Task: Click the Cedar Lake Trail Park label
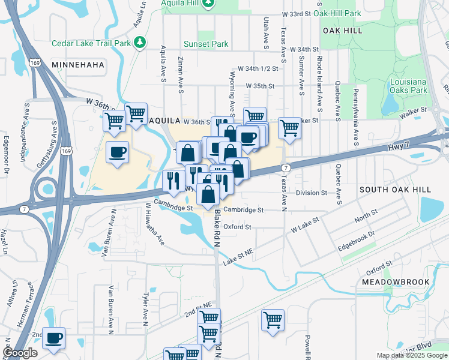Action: tap(91, 43)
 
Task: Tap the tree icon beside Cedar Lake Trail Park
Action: tap(140, 42)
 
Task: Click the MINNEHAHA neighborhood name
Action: tap(78, 64)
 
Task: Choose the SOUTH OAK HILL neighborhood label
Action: tap(395, 189)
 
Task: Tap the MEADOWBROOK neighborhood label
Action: tap(396, 281)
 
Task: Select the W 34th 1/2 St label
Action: tap(258, 69)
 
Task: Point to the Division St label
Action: tap(312, 193)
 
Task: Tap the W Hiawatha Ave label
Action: tap(154, 223)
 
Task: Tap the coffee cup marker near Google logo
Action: tap(54, 338)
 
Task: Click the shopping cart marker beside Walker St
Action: tap(289, 127)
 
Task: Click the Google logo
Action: tap(20, 353)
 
